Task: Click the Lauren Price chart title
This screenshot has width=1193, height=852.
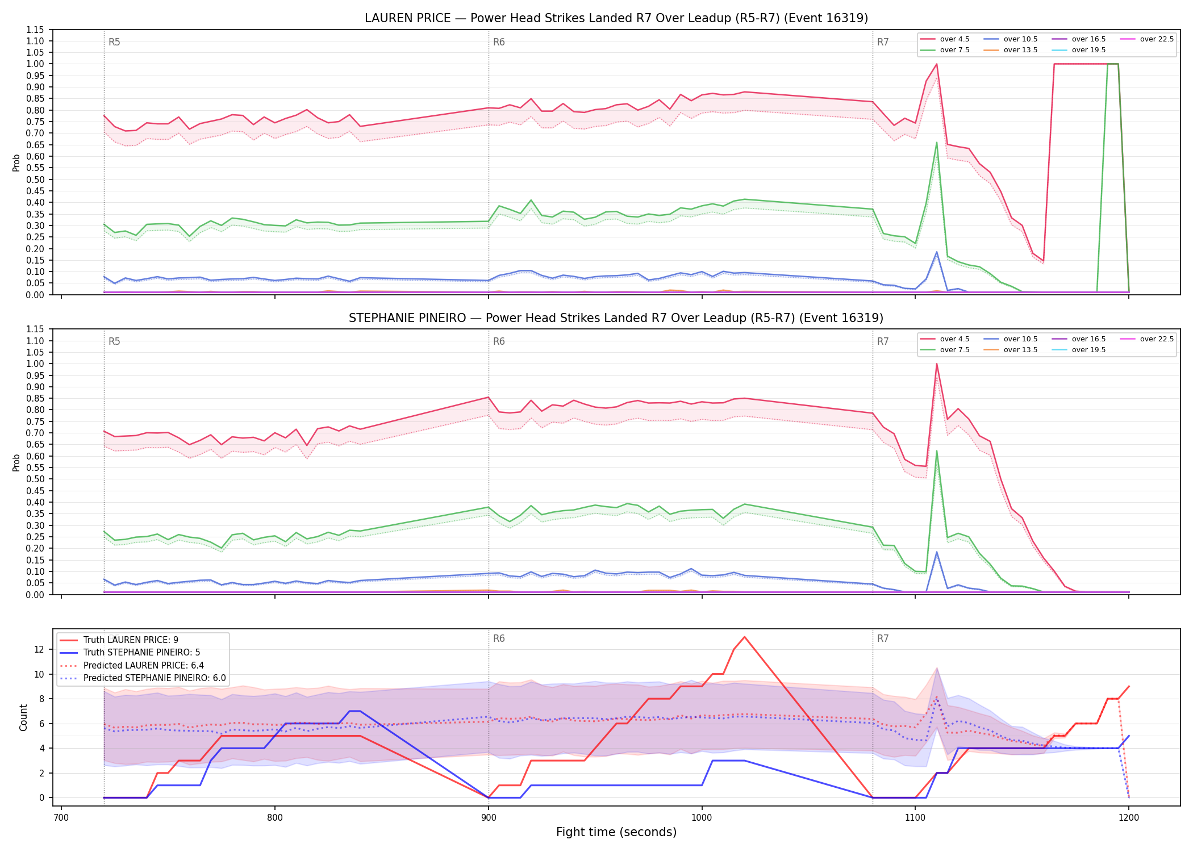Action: coord(616,18)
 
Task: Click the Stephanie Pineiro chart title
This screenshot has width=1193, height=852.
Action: coord(616,318)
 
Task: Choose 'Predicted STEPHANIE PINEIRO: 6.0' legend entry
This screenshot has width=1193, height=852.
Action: coord(143,678)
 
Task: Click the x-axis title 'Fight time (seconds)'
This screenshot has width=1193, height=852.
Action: coord(616,832)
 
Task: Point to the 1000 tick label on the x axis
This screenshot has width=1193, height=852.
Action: coord(702,818)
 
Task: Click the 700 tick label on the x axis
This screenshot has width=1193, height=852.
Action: coord(61,818)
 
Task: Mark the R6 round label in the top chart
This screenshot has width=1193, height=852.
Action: coord(499,42)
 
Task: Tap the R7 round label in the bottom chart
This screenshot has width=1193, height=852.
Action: coord(883,638)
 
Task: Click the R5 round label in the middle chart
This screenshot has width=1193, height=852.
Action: coord(114,341)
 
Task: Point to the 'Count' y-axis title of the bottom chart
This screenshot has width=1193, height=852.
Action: coord(23,717)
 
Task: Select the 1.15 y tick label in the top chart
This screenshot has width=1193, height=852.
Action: coord(35,30)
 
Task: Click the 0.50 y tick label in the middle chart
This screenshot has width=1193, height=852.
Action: coord(35,479)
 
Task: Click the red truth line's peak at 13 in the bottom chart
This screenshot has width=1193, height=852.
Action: coord(744,637)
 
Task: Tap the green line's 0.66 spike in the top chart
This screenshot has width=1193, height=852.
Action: coord(936,143)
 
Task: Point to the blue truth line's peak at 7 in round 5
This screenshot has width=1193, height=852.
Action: coord(354,711)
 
